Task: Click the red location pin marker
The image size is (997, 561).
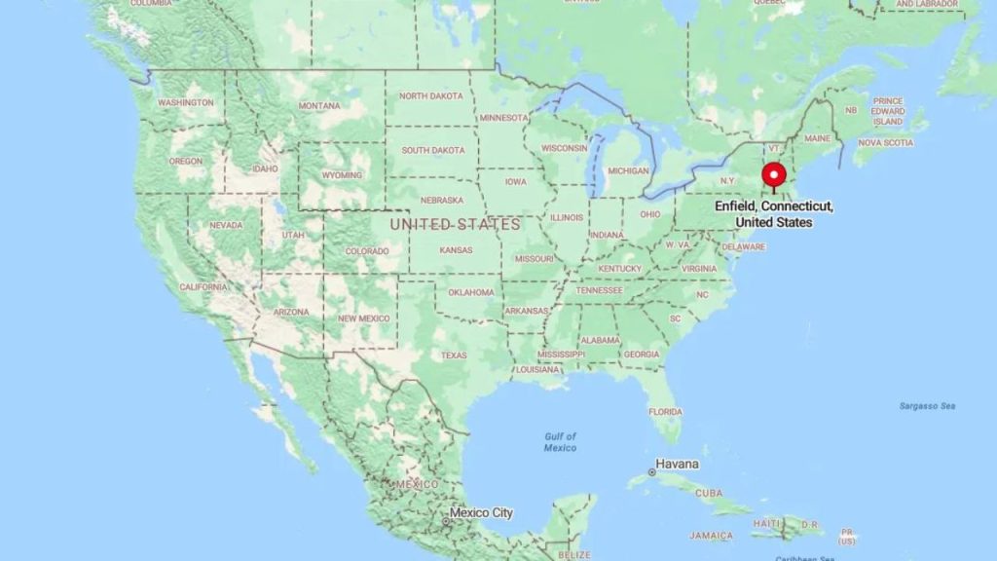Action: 774,175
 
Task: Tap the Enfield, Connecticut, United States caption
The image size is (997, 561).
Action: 774,214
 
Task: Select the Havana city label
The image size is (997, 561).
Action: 677,464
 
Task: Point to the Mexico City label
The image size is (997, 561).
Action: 481,513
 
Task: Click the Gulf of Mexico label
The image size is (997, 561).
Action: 561,442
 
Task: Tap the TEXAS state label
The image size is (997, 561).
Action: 454,355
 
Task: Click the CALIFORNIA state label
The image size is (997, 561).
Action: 203,286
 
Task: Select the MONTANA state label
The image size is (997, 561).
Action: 319,105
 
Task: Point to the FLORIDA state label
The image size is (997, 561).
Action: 666,411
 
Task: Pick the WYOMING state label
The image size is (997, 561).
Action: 342,175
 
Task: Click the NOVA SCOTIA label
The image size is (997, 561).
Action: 885,143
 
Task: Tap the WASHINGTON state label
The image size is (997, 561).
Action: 185,102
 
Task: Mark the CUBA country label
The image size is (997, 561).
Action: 709,493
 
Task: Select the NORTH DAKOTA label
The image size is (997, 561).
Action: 431,95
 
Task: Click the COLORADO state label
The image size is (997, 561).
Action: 366,251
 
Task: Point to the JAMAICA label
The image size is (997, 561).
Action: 711,536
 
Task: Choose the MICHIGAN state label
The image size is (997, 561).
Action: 627,171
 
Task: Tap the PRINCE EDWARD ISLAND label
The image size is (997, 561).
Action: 888,111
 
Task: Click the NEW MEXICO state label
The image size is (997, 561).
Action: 363,318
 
